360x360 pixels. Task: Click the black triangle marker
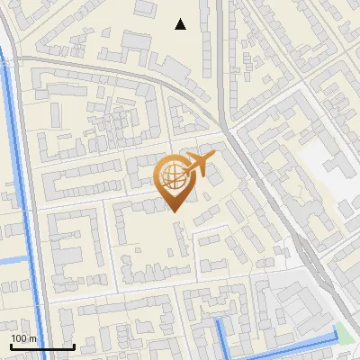[x=181, y=24]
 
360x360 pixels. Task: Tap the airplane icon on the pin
[x=197, y=164]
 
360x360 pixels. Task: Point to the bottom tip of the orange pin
[x=173, y=211]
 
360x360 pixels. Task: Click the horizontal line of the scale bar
[x=42, y=346]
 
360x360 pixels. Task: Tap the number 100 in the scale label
[x=19, y=338]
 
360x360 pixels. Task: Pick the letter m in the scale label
[x=32, y=338]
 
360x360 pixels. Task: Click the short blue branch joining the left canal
[x=13, y=261]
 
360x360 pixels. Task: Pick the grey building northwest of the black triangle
[x=144, y=8]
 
